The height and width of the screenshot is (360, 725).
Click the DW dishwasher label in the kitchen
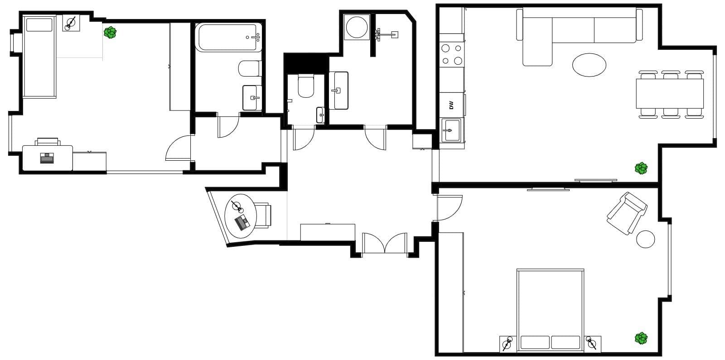tap(451, 105)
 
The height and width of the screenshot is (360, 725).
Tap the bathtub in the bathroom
tap(229, 37)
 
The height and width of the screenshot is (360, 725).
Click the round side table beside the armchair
tap(645, 239)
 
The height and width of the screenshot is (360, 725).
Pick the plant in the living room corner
tap(641, 168)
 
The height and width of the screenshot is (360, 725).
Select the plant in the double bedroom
tap(641, 338)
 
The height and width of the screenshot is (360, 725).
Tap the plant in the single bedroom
tap(110, 32)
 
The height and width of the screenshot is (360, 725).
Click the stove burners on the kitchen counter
tap(451, 54)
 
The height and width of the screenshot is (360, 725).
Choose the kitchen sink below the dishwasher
tap(450, 130)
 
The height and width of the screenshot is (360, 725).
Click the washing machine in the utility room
tap(357, 27)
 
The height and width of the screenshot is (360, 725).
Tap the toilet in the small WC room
tap(306, 86)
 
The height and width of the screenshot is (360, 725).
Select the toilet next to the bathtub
tap(249, 69)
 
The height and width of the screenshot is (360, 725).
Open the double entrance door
tap(385, 245)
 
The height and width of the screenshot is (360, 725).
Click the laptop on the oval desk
tap(242, 222)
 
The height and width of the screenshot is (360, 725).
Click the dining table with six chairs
tap(669, 94)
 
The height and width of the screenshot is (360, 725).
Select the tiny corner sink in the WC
tap(320, 115)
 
